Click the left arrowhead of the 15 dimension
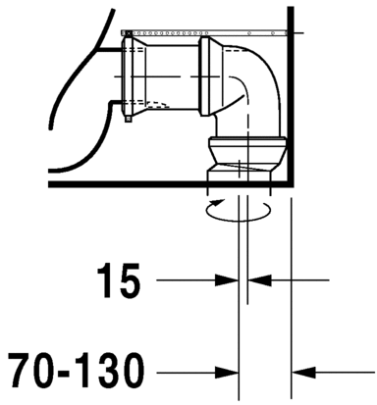[232, 280]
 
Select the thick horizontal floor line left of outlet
[128, 182]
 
